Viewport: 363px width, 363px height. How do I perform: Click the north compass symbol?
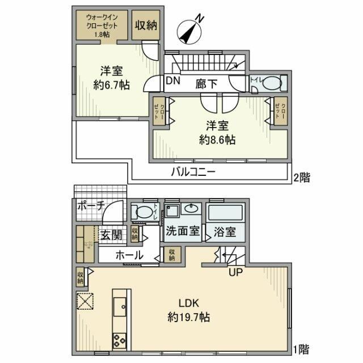click(191, 29)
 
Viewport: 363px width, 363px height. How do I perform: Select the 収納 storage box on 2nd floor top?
click(146, 25)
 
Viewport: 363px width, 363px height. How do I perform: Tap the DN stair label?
click(173, 82)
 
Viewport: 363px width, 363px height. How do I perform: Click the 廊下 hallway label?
click(207, 83)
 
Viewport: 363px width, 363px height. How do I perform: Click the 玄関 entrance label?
click(112, 233)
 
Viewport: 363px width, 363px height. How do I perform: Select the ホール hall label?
click(129, 256)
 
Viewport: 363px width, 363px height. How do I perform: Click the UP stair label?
click(237, 273)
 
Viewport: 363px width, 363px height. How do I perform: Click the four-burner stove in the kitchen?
click(120, 340)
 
